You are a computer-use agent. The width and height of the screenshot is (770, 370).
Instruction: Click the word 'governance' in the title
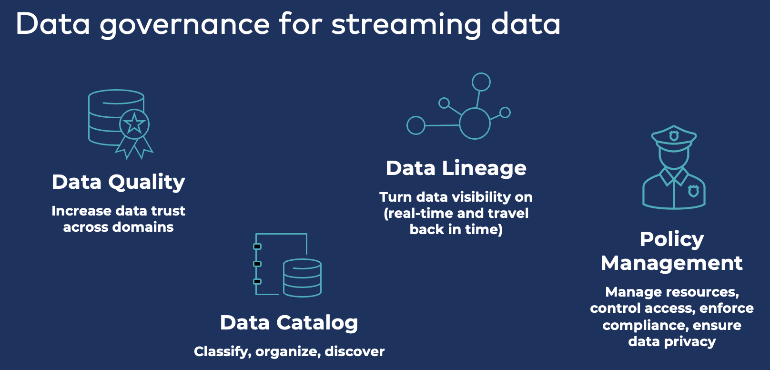click(185, 25)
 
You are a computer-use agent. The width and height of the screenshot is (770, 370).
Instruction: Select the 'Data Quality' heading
click(118, 182)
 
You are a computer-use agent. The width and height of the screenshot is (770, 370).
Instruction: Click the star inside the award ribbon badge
click(134, 124)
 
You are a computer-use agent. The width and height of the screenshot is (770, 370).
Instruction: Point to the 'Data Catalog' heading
click(289, 323)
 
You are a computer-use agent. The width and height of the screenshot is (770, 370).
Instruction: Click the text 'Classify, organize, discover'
click(289, 352)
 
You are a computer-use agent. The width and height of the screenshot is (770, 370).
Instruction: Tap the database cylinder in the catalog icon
click(302, 278)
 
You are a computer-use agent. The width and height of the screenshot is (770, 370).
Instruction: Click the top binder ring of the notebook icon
click(257, 247)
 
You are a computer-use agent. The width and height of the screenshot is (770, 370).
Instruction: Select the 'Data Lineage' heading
click(456, 168)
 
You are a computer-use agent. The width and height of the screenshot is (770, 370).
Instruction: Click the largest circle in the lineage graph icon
click(475, 123)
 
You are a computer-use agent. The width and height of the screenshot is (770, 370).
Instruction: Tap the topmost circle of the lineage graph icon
click(481, 82)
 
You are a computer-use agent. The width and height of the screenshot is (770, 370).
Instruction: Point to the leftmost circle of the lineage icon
click(415, 125)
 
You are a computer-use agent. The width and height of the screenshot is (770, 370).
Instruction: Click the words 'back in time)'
click(456, 230)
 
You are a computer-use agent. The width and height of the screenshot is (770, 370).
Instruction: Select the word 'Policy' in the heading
click(671, 239)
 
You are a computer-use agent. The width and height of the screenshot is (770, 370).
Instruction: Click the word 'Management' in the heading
click(671, 263)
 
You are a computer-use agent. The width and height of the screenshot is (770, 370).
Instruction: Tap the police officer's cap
click(674, 138)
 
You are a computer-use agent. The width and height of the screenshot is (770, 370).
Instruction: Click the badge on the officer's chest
click(694, 191)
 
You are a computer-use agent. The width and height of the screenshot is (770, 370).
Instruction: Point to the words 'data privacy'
click(671, 342)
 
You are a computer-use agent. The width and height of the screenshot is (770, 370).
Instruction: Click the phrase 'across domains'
click(118, 227)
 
